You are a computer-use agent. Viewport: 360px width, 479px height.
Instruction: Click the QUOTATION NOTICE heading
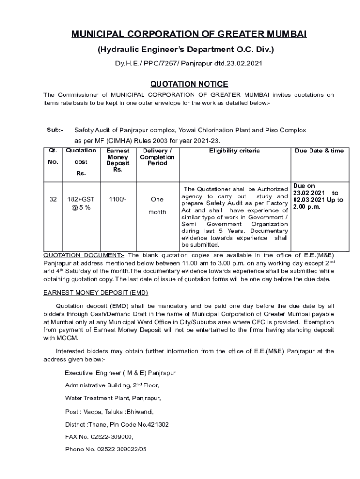click(x=189, y=84)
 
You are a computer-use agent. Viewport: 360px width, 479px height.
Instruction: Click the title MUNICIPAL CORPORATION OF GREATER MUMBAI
click(x=189, y=35)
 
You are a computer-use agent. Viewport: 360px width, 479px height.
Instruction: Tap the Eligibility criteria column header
click(x=234, y=151)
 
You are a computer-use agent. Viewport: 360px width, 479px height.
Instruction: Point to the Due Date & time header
click(x=319, y=151)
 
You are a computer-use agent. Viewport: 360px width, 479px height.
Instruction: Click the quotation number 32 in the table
click(x=53, y=199)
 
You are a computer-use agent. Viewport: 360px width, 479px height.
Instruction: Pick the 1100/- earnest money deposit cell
click(x=117, y=199)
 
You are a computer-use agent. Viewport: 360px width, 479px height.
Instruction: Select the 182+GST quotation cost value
click(x=81, y=199)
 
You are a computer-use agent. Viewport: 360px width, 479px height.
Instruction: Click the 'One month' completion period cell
click(x=157, y=206)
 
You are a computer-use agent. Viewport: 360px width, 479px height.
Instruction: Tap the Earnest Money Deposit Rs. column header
click(x=117, y=160)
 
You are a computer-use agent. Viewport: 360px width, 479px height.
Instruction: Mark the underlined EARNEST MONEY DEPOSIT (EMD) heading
click(x=95, y=293)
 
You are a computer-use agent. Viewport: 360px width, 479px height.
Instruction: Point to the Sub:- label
click(x=55, y=130)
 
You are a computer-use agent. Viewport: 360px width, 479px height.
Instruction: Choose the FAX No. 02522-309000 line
click(x=99, y=437)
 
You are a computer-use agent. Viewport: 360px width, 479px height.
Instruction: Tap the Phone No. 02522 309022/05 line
click(x=106, y=449)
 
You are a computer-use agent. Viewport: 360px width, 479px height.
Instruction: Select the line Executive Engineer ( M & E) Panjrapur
click(x=120, y=373)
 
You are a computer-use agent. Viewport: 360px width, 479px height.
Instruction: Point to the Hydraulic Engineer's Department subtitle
click(x=186, y=49)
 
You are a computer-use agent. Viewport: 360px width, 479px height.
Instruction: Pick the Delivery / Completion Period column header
click(x=157, y=157)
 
